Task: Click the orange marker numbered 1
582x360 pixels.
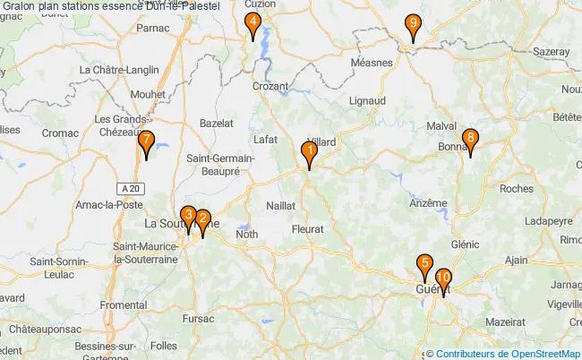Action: (308, 153)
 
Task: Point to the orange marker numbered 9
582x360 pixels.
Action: (412, 27)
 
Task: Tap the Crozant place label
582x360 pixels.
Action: (270, 87)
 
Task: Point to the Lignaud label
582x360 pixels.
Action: (367, 101)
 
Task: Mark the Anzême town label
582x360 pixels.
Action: (427, 203)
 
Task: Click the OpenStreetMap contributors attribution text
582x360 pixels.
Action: (507, 353)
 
